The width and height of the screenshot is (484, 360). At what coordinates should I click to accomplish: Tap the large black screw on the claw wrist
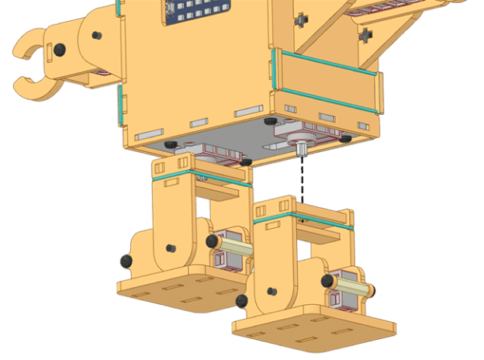(x=60, y=49)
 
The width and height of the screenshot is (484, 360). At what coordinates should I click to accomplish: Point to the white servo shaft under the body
(x=299, y=148)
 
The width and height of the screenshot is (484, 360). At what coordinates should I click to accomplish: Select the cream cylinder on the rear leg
(x=237, y=249)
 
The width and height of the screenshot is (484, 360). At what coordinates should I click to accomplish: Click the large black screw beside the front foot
(x=242, y=300)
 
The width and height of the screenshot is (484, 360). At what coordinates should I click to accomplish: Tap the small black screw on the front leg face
(x=271, y=292)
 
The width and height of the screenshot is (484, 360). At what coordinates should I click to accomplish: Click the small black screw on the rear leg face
(x=170, y=249)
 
